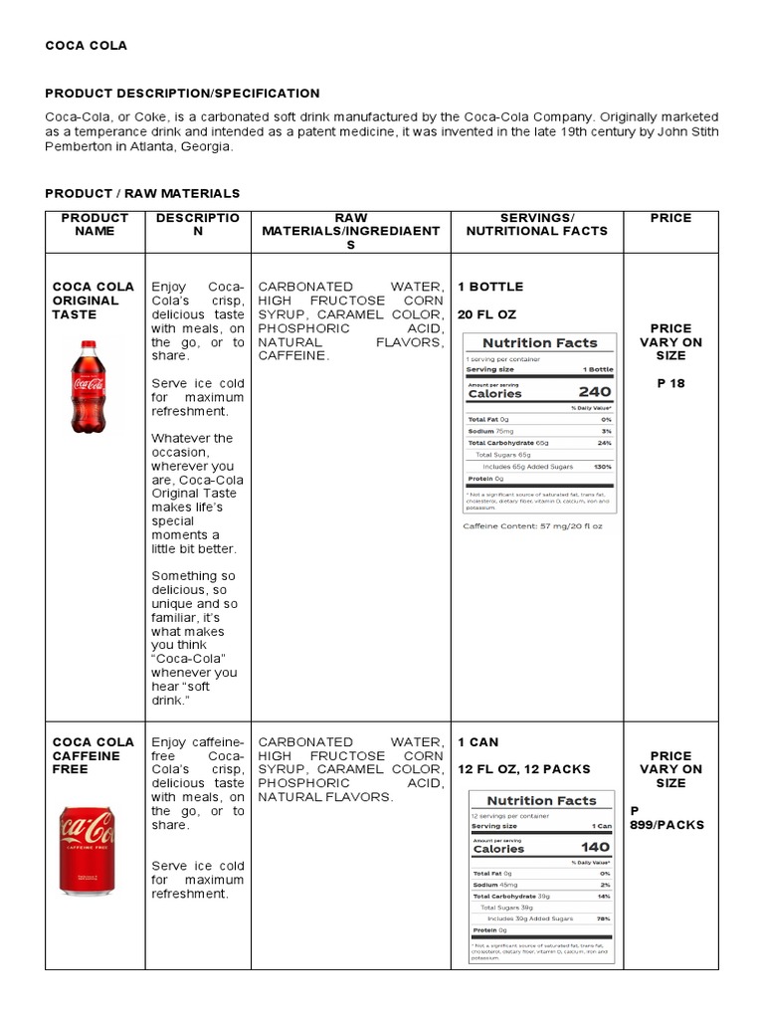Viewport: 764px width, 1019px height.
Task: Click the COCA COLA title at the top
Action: pyautogui.click(x=87, y=46)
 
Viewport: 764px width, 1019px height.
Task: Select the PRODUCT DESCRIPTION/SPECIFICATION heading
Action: pyautogui.click(x=183, y=94)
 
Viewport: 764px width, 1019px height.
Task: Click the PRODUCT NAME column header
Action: pyautogui.click(x=95, y=224)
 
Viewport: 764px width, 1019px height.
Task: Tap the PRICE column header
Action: pyautogui.click(x=670, y=218)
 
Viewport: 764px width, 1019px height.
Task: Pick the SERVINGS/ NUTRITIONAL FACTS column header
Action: pyautogui.click(x=537, y=224)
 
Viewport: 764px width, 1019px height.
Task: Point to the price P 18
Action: pyautogui.click(x=671, y=383)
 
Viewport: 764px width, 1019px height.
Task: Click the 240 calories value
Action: pyautogui.click(x=595, y=392)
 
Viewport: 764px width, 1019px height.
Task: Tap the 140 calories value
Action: pyautogui.click(x=595, y=848)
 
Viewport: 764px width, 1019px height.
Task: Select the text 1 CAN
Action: pyautogui.click(x=478, y=742)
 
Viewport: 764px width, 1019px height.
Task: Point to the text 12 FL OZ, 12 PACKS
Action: pyautogui.click(x=524, y=769)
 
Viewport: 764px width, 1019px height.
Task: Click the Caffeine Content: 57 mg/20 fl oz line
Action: pyautogui.click(x=533, y=525)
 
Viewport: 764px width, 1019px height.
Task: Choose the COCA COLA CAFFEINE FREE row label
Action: pyautogui.click(x=93, y=755)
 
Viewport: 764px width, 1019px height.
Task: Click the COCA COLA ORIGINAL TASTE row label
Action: pyautogui.click(x=93, y=301)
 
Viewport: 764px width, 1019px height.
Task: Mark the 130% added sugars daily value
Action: pyautogui.click(x=602, y=467)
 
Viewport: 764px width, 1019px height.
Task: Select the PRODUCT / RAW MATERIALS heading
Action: pyautogui.click(x=142, y=193)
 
